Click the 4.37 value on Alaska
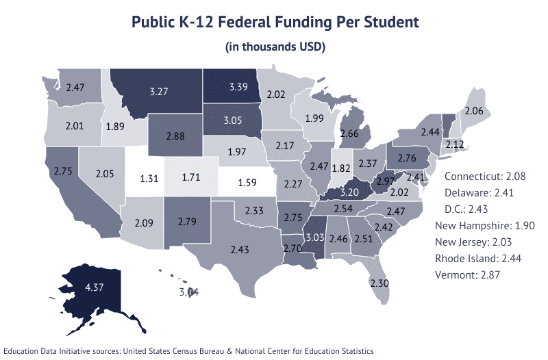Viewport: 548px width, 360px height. (x=75, y=288)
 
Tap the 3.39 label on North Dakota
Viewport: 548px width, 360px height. (x=234, y=88)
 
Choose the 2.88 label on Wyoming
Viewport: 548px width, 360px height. (x=175, y=136)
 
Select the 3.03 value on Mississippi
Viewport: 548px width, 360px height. (x=314, y=237)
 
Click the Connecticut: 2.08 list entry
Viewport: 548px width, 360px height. (x=484, y=177)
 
